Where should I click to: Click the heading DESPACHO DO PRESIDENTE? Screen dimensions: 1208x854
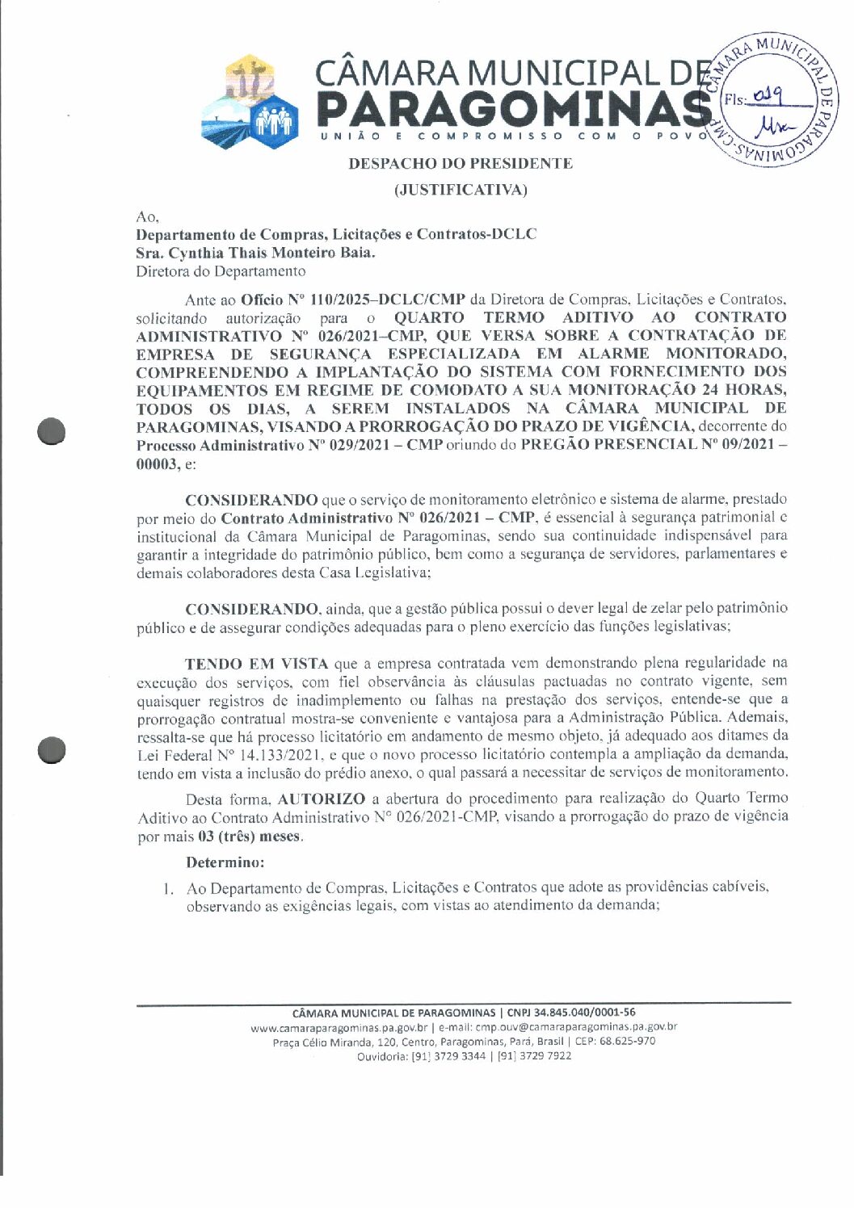(460, 164)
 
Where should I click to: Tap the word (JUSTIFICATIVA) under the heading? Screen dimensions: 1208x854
(460, 191)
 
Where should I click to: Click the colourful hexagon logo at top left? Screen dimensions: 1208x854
(250, 101)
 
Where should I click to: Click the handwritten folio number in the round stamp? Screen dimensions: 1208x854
(764, 97)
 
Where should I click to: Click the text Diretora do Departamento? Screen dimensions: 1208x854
(221, 271)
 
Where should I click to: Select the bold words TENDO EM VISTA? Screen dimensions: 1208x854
(256, 665)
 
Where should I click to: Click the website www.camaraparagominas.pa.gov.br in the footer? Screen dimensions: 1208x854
(339, 1027)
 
